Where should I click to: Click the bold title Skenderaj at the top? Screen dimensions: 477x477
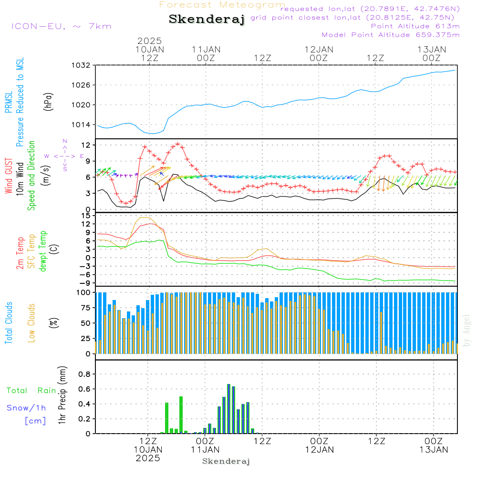tap(207, 20)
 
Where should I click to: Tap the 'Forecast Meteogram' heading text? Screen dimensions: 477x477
tap(222, 5)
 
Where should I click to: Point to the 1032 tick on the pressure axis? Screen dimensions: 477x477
tap(82, 65)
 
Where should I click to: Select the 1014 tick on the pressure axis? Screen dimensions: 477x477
tap(82, 124)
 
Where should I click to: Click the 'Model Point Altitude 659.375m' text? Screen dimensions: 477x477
tap(391, 35)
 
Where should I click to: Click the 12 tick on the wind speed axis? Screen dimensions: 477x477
tap(87, 145)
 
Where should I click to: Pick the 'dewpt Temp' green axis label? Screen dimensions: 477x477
tap(42, 251)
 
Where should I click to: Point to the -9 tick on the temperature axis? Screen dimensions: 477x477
tap(86, 283)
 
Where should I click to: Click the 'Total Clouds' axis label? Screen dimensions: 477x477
tap(9, 323)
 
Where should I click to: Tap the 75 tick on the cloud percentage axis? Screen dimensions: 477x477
tap(86, 308)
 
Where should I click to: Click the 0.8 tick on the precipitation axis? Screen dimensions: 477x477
tap(84, 374)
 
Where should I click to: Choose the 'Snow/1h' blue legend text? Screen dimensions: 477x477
tap(27, 408)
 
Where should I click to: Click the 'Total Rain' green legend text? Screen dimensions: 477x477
tap(31, 391)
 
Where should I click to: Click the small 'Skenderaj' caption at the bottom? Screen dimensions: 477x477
tap(226, 461)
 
